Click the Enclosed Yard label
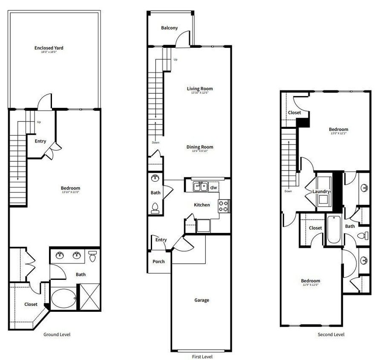pyautogui.click(x=49, y=48)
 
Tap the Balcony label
pyautogui.click(x=169, y=28)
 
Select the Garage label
pyautogui.click(x=201, y=300)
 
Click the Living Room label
pyautogui.click(x=199, y=89)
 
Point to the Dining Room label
pyautogui.click(x=199, y=147)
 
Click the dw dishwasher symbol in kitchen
pyautogui.click(x=213, y=187)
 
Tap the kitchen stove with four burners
pyautogui.click(x=224, y=206)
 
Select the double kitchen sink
pyautogui.click(x=200, y=186)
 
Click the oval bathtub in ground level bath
pyautogui.click(x=63, y=298)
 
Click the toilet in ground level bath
pyautogui.click(x=92, y=256)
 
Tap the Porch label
pyautogui.click(x=158, y=261)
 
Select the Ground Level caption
pyautogui.click(x=57, y=334)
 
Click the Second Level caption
pyautogui.click(x=331, y=334)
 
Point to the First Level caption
pyautogui.click(x=202, y=357)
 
